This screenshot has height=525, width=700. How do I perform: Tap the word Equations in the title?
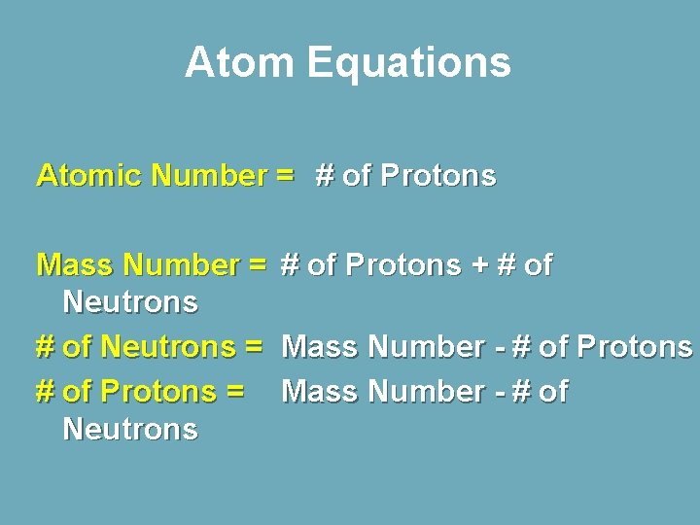(408, 63)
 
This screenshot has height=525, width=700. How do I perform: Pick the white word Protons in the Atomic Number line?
(438, 176)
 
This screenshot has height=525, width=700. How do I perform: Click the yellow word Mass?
(76, 264)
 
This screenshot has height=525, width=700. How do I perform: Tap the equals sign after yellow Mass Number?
(258, 264)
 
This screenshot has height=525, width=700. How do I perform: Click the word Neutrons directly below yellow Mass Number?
(130, 302)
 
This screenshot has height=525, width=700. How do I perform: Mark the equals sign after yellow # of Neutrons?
(254, 346)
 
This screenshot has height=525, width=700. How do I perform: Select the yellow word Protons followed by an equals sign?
(158, 392)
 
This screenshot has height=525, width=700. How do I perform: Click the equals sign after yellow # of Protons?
(233, 392)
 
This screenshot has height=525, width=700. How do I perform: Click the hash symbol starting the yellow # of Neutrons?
(45, 346)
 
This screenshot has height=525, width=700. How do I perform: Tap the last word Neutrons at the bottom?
(130, 429)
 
